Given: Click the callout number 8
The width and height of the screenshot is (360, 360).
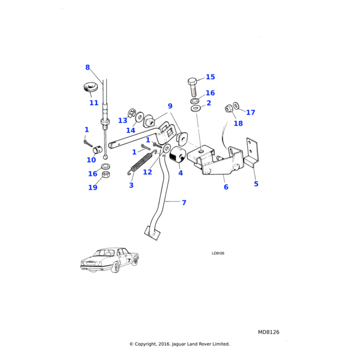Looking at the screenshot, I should pos(88,67).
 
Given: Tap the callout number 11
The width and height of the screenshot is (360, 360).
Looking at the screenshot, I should pos(94,103).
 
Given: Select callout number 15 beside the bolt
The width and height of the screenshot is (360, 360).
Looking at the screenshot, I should pos(210,77).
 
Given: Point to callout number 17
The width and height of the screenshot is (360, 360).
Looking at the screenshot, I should pos(250,112).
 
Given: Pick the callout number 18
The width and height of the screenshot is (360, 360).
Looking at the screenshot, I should pos(238,123).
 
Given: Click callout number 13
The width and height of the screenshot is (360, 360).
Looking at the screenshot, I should pos(122,120).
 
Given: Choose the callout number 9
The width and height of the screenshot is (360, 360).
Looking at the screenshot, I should pos(170,106).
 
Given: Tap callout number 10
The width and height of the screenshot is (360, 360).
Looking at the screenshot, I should pos(91,160).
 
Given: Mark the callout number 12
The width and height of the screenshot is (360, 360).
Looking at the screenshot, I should pos(147,172).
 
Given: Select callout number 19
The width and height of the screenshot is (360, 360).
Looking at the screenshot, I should pos(92,188).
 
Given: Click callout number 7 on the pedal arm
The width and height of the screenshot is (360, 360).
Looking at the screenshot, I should pos(184,203).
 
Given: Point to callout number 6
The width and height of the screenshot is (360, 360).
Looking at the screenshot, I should pos(226,187).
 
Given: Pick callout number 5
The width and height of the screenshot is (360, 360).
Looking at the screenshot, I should pos(256,184).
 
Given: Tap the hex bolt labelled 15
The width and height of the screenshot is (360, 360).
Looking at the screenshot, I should pos(193,88).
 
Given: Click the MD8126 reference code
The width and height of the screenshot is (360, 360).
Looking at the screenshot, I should pos(269,332).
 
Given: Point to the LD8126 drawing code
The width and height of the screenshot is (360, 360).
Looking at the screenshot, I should pos(218,254).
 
